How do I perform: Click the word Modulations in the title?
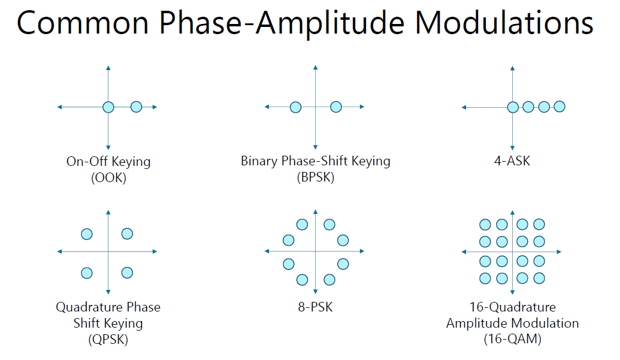[504, 23]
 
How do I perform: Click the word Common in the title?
[83, 23]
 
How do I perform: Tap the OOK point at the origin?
[108, 107]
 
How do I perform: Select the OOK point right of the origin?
[136, 107]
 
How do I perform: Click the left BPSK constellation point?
[295, 107]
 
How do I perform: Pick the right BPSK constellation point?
[335, 107]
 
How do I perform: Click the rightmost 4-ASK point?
[559, 106]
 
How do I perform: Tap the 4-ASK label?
[512, 161]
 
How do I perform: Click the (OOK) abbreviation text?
[108, 178]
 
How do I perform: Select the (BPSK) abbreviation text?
[316, 177]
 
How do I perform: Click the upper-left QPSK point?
[87, 234]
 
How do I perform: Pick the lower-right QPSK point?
[127, 273]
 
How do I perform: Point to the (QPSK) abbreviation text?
[108, 340]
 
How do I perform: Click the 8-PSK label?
[316, 307]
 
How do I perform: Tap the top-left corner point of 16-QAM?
[485, 225]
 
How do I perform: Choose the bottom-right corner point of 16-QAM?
[539, 278]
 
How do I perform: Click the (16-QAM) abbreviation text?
[512, 339]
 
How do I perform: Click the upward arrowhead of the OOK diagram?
[108, 68]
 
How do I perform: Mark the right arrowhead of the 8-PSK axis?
[362, 251]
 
